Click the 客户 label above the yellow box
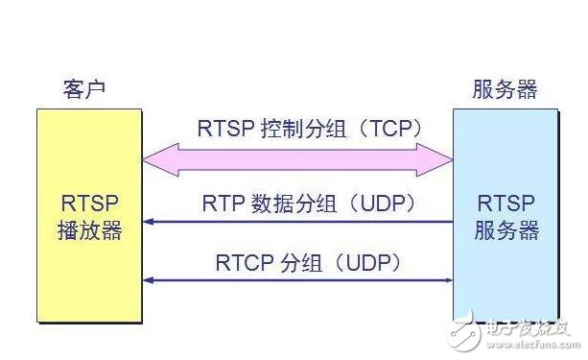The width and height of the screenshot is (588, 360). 82,90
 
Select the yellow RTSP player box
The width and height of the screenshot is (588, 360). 88,216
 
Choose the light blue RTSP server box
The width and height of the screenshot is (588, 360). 506,216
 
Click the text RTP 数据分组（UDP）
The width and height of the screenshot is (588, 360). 307,204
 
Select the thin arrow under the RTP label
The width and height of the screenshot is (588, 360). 297,223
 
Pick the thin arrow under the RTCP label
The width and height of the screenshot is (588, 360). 297,279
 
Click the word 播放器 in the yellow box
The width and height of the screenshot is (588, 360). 88,231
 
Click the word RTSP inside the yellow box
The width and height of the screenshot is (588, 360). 88,204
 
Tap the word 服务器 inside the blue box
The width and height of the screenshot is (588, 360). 506,231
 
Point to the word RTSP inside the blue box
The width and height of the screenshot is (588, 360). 506,204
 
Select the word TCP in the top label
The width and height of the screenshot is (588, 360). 395,129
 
